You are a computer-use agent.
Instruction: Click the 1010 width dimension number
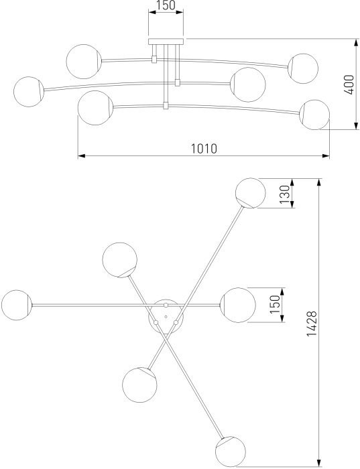point(204,148)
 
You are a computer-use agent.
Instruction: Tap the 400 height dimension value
point(349,84)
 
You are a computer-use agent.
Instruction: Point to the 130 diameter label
point(285,194)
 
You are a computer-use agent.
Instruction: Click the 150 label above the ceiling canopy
point(166,5)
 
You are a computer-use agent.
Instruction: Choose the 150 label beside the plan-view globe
point(275,304)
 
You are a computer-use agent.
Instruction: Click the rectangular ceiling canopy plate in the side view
point(166,42)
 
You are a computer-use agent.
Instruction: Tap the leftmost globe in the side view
point(29,92)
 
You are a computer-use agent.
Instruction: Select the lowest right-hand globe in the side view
point(314,115)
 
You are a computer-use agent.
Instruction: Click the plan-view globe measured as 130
point(251,193)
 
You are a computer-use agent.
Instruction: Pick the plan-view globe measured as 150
point(238,305)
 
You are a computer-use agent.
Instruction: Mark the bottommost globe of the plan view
point(231,452)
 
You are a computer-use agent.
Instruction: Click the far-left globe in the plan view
point(17,305)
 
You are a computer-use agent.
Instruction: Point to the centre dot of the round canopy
point(166,316)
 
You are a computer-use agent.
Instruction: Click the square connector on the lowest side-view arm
point(166,106)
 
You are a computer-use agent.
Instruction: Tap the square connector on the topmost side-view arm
point(154,59)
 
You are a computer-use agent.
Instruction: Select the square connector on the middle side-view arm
point(178,82)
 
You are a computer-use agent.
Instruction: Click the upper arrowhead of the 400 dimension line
point(356,43)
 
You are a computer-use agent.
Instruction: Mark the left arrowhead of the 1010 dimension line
point(82,155)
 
